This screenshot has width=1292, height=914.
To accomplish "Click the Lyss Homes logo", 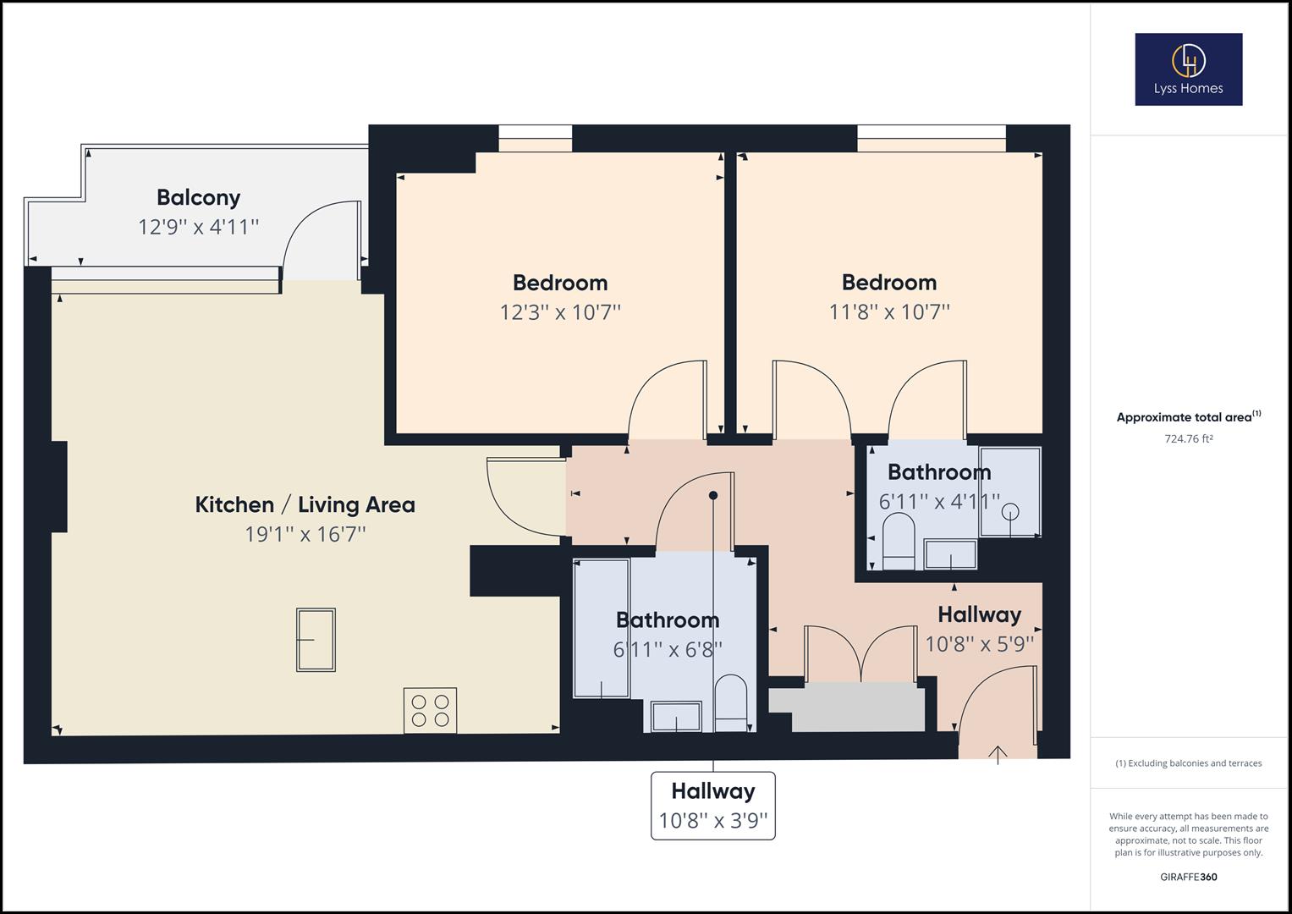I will pos(1188,69).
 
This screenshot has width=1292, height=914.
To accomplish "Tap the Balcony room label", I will pos(199,197).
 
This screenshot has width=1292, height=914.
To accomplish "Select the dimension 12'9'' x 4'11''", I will pos(199,227).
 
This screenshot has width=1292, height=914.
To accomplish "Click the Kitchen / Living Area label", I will pos(305,504).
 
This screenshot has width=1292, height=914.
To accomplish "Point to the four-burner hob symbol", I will pos(430,710).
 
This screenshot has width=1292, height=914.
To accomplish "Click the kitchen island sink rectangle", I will pos(316,640).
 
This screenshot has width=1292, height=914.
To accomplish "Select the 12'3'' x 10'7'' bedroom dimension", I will pos(560,312).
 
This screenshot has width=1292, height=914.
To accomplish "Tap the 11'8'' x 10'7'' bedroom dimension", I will pos(889,312).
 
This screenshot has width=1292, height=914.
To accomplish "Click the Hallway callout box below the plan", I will pos(712,805).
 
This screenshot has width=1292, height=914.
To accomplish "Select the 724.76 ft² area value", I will pos(1188,438).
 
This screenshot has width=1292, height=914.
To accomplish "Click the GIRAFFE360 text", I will pos(1188,877).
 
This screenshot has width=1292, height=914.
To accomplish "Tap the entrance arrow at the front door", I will pos(998,752).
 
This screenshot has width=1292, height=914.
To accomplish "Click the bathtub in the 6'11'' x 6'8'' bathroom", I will pos(602,628).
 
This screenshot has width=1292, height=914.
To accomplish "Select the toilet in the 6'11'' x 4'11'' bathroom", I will pos(898,543).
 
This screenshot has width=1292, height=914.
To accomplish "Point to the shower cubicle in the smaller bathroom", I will pos(1010,493).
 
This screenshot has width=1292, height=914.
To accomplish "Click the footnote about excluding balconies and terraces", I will pos(1188,763).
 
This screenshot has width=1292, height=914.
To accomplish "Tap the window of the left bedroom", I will pos(535,139).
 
